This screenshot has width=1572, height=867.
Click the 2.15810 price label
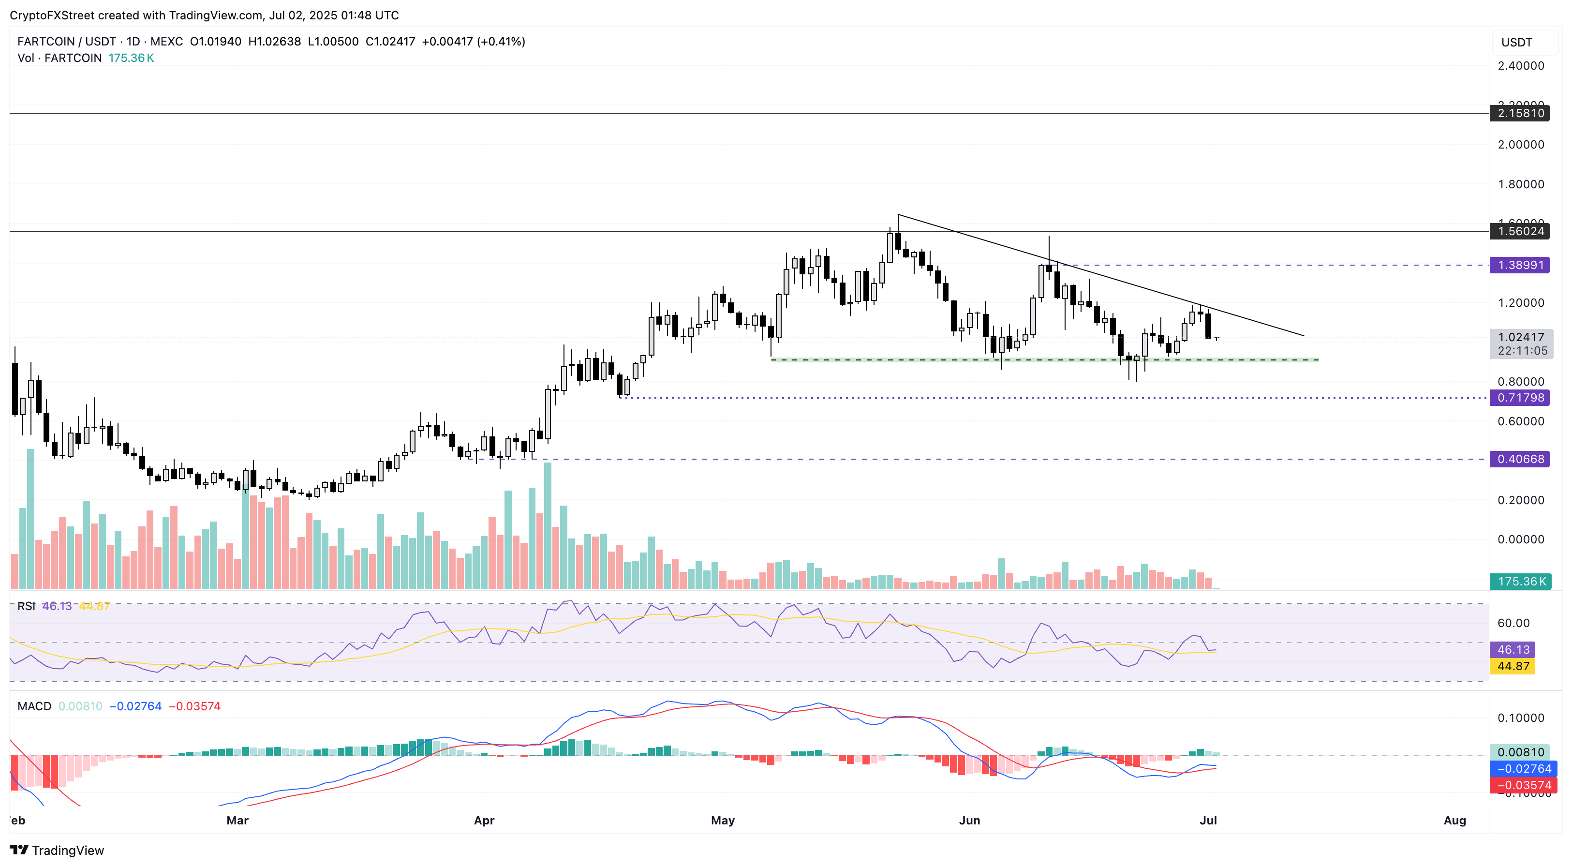1519,113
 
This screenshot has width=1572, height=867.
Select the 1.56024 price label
1519,231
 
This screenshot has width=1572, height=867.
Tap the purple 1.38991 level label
1519,265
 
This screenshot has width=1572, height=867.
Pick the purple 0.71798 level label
1519,398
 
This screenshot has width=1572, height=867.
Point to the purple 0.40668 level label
1519,459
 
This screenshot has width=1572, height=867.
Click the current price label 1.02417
1521,337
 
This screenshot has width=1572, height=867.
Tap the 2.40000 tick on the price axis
1521,66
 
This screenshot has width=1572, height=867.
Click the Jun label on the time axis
969,820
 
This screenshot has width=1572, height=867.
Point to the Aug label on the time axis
1454,820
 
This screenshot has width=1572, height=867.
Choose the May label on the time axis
723,820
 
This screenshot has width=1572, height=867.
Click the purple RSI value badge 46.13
1512,650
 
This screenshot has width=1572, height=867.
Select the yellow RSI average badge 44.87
1512,666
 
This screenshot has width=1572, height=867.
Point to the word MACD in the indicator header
34,706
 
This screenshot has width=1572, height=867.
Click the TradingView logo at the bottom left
58,850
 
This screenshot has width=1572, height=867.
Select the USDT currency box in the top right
1516,43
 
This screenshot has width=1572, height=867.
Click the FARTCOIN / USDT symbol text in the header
67,42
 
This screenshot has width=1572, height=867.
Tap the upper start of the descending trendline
898,215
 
